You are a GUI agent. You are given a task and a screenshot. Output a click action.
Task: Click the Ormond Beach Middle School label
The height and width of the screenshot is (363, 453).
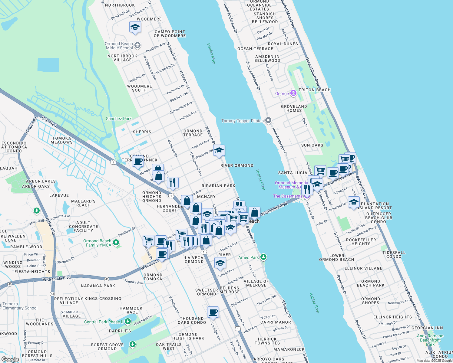coord(119,46)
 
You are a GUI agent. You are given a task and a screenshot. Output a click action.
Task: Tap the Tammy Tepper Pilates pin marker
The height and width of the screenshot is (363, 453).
coord(268,120)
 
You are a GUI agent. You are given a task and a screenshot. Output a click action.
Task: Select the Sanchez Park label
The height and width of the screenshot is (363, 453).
coord(119,119)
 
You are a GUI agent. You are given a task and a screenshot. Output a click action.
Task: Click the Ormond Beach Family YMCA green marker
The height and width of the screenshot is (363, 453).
coord(116,243)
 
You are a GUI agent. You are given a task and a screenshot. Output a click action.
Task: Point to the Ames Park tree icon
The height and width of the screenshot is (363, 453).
coord(263,257)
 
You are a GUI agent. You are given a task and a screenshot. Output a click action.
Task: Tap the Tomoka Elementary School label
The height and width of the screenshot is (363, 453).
coord(20,306)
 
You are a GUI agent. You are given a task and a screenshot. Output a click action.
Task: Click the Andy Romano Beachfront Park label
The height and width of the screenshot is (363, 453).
coord(430,340)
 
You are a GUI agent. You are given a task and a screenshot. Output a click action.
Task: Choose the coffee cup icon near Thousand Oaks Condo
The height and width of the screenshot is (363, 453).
coord(213,312)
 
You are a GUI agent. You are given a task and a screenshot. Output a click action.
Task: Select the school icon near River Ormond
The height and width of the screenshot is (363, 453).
coord(219,150)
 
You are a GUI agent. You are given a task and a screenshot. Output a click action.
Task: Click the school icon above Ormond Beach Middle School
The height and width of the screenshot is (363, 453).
coord(135,27)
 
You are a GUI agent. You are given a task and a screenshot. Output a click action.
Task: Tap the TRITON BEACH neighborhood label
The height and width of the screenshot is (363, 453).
coord(315,90)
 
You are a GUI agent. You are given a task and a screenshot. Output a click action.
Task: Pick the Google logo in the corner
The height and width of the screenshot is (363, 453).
coord(10,359)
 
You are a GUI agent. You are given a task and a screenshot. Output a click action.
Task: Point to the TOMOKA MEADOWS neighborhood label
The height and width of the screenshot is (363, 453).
coord(62,140)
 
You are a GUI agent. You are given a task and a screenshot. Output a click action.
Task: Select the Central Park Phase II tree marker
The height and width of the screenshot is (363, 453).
coord(127,322)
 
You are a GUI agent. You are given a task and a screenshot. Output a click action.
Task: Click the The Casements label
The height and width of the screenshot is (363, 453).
coord(288,196)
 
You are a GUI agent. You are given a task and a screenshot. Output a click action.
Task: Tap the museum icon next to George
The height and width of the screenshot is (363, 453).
coord(293,93)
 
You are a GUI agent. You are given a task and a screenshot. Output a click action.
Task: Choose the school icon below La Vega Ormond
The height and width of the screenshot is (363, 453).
coord(220,263)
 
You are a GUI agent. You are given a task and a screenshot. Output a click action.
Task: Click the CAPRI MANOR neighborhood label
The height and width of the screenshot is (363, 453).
coord(276,322)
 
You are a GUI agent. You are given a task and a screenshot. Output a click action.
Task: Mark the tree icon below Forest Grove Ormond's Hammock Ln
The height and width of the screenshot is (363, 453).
coord(132,344)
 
